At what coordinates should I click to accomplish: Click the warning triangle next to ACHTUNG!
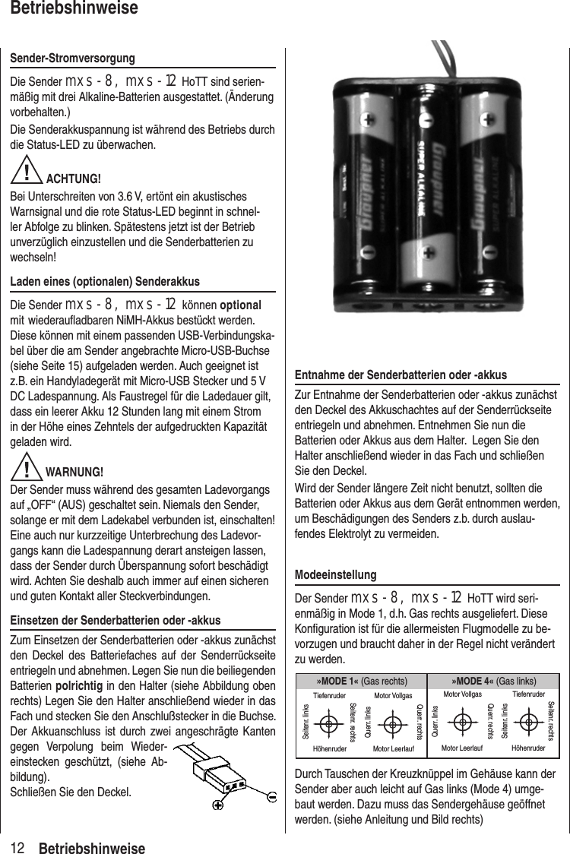(27, 173)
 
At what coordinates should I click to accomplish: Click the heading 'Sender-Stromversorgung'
(72, 59)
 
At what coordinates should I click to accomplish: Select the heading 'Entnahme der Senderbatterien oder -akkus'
(401, 375)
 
